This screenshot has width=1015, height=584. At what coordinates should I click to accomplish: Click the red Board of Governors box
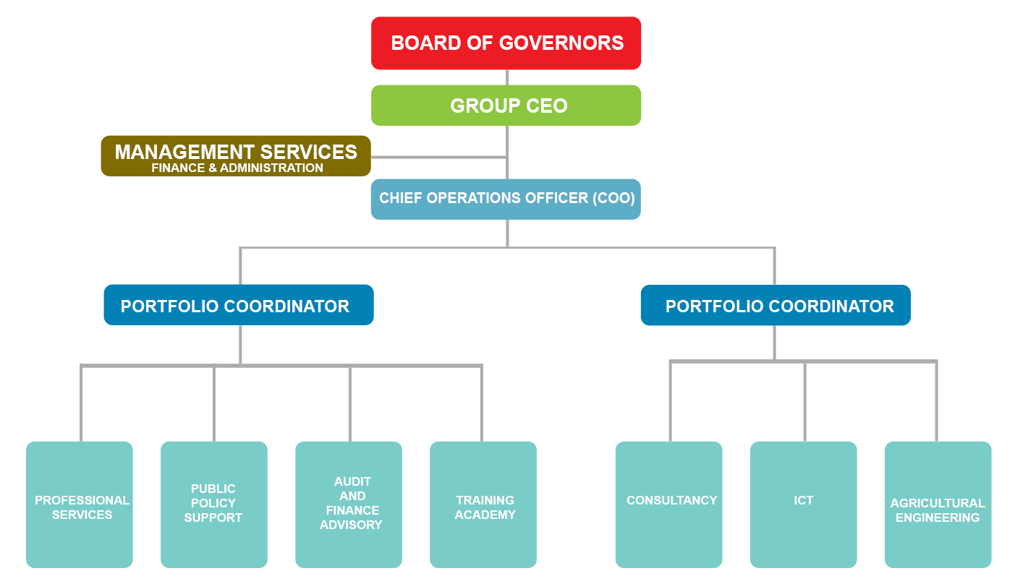tap(506, 43)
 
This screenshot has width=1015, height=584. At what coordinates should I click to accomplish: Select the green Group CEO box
tap(506, 106)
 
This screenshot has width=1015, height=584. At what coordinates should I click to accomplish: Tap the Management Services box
tap(235, 153)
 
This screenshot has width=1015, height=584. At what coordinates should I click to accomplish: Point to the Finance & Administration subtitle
tap(237, 168)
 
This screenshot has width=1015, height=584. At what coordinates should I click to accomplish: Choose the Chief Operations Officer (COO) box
tap(506, 198)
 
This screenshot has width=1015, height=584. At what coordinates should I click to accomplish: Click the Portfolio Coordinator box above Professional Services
tap(238, 306)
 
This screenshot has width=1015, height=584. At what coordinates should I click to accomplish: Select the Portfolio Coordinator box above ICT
tap(776, 306)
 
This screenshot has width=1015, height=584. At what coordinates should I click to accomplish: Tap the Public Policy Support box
tap(213, 503)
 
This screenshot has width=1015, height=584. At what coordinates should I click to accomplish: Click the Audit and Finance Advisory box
tap(349, 503)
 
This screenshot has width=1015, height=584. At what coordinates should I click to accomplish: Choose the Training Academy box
tap(483, 506)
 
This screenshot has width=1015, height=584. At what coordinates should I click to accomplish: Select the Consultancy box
tap(669, 503)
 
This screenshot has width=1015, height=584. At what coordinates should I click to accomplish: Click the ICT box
tap(803, 503)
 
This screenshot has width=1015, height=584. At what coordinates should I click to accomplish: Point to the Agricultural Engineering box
tap(938, 506)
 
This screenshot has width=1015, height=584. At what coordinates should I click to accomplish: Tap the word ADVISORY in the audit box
tap(351, 525)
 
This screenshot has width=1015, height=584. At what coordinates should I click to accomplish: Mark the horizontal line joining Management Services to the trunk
tap(438, 156)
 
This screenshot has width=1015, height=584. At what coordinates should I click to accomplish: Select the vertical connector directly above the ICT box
tap(804, 401)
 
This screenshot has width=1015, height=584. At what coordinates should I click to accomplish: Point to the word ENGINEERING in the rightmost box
tap(938, 518)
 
